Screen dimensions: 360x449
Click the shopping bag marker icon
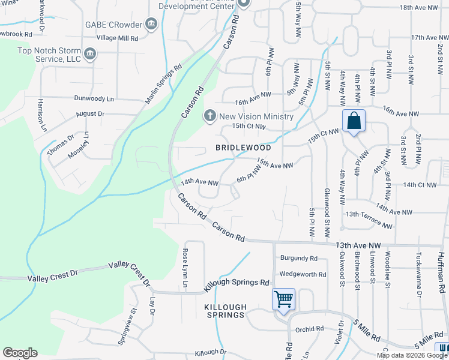coord(354,121)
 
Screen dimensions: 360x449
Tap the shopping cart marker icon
coord(283,298)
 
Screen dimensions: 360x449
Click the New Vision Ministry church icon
coord(209,116)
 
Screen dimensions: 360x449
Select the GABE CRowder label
coord(118,25)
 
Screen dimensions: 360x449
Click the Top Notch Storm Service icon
coord(90,55)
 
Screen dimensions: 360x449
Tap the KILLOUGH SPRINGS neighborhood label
coord(224,311)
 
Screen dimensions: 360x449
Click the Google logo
coord(20,353)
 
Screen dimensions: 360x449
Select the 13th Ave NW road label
coord(359,245)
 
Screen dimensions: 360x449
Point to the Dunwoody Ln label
coord(94,98)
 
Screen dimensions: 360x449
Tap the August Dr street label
coord(90,113)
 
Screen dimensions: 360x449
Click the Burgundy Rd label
coord(298,259)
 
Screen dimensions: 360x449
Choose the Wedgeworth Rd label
coord(303,274)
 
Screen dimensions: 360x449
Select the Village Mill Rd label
coord(118,38)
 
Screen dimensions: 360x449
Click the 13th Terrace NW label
coord(368,220)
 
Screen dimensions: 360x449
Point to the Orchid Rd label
coord(309,329)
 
